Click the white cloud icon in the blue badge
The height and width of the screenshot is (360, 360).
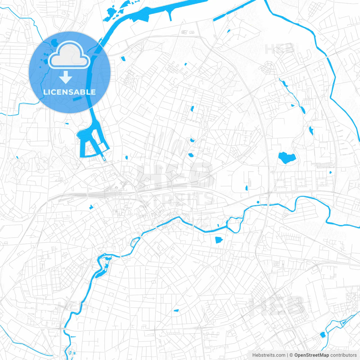pyautogui.click(x=69, y=55)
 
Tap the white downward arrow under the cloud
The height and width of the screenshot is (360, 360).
pyautogui.click(x=66, y=77)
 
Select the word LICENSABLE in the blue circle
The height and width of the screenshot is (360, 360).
pyautogui.click(x=69, y=92)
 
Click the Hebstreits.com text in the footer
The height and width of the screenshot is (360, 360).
pyautogui.click(x=269, y=355)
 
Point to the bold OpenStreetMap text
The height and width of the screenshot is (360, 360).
pyautogui.click(x=312, y=355)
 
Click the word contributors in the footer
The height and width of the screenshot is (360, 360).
pyautogui.click(x=343, y=355)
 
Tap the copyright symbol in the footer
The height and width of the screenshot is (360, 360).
pyautogui.click(x=291, y=355)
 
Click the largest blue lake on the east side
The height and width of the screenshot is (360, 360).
pyautogui.click(x=286, y=158)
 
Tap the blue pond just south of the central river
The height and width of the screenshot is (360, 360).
pyautogui.click(x=219, y=240)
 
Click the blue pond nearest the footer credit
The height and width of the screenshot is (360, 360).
pyautogui.click(x=322, y=334)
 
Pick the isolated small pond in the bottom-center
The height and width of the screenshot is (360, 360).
pyautogui.click(x=176, y=310)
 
